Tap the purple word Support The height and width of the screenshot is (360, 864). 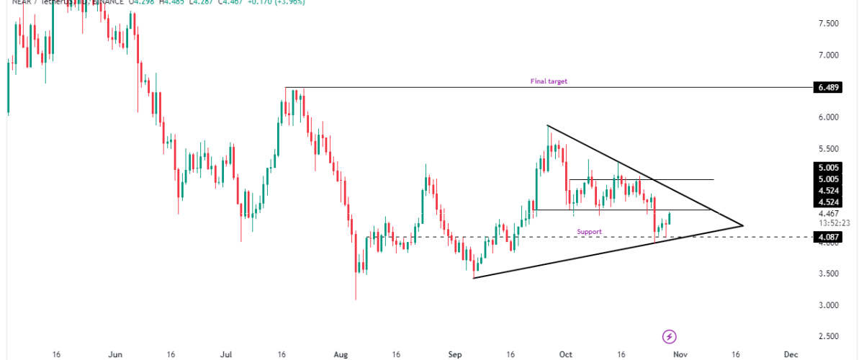tap(589, 231)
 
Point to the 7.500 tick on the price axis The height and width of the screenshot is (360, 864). tap(828, 24)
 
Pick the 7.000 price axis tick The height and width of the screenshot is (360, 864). tap(828, 55)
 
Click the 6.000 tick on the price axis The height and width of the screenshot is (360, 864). tap(828, 117)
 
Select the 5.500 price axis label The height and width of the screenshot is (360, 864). tap(828, 148)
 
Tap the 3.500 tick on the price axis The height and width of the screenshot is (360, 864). tap(828, 274)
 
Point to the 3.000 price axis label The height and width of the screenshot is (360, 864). tap(828, 305)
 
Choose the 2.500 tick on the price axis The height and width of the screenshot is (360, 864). tap(828, 336)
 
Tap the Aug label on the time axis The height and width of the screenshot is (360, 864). tap(341, 354)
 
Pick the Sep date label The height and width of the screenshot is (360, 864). tap(455, 354)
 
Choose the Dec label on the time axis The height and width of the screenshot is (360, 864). tap(791, 354)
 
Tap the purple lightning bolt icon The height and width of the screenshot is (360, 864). tap(670, 336)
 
